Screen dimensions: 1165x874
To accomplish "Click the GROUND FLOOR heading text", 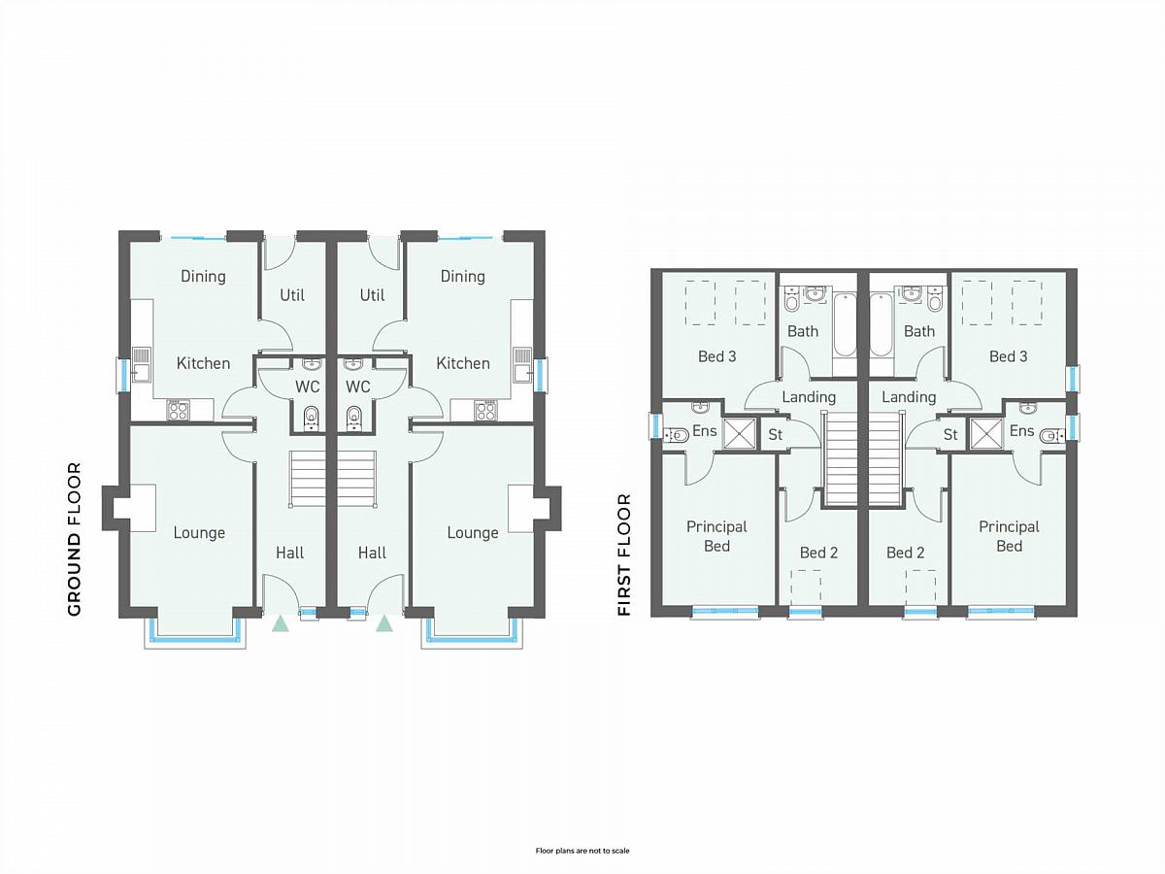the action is click(75, 539).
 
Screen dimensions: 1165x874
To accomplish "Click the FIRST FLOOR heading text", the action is click(624, 555).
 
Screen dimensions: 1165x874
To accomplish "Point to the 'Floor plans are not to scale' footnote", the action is click(582, 851).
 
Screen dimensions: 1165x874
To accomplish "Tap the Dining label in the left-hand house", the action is click(203, 277).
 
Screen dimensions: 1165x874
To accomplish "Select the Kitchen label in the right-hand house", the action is click(463, 363).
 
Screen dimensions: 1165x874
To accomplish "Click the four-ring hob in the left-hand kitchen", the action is click(178, 411).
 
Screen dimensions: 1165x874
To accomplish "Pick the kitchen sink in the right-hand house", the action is click(522, 364).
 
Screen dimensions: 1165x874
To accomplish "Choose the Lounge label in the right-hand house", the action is click(473, 533).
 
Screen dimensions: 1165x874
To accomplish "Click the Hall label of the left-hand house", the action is click(289, 553).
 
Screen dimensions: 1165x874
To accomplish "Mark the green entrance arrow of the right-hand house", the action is click(384, 623).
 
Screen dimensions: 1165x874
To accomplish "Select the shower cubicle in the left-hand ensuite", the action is click(740, 434).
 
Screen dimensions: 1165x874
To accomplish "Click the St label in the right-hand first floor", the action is click(950, 435).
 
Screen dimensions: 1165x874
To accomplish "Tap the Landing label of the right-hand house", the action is click(909, 397).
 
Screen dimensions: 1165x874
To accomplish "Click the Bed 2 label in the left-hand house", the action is click(818, 553).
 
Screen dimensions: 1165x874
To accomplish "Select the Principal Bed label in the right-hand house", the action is click(1009, 536).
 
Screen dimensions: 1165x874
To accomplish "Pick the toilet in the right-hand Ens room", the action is click(1052, 436).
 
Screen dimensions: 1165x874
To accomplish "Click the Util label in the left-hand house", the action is click(292, 295).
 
